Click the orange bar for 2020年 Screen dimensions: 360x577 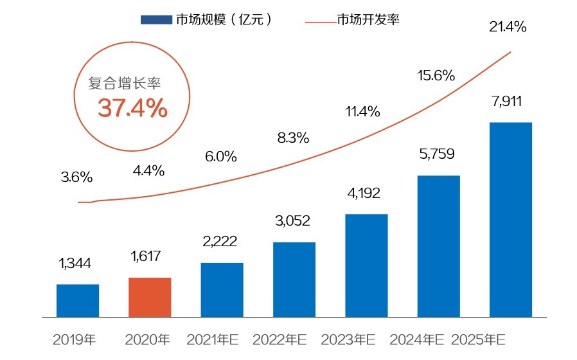point(150,297)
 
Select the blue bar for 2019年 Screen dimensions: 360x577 point(78,300)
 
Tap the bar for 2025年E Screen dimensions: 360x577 point(511,219)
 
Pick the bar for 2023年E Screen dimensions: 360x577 point(366,265)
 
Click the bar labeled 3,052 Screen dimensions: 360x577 point(294,279)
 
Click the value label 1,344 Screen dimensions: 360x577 point(75,263)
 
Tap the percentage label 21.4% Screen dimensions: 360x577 point(508,27)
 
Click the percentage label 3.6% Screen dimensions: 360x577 point(77,177)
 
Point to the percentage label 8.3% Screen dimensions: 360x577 point(294,137)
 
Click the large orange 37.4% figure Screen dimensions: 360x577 point(132,109)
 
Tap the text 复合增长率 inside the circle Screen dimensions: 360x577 point(125,84)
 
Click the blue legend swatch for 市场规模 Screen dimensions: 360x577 point(157,20)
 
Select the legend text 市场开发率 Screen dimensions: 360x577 point(368,20)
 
